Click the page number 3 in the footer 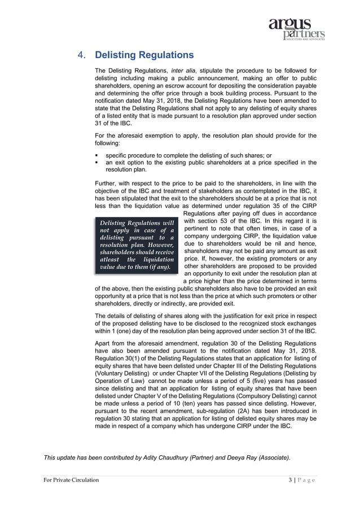(x=290, y=480)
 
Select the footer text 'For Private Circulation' (x=71, y=480)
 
